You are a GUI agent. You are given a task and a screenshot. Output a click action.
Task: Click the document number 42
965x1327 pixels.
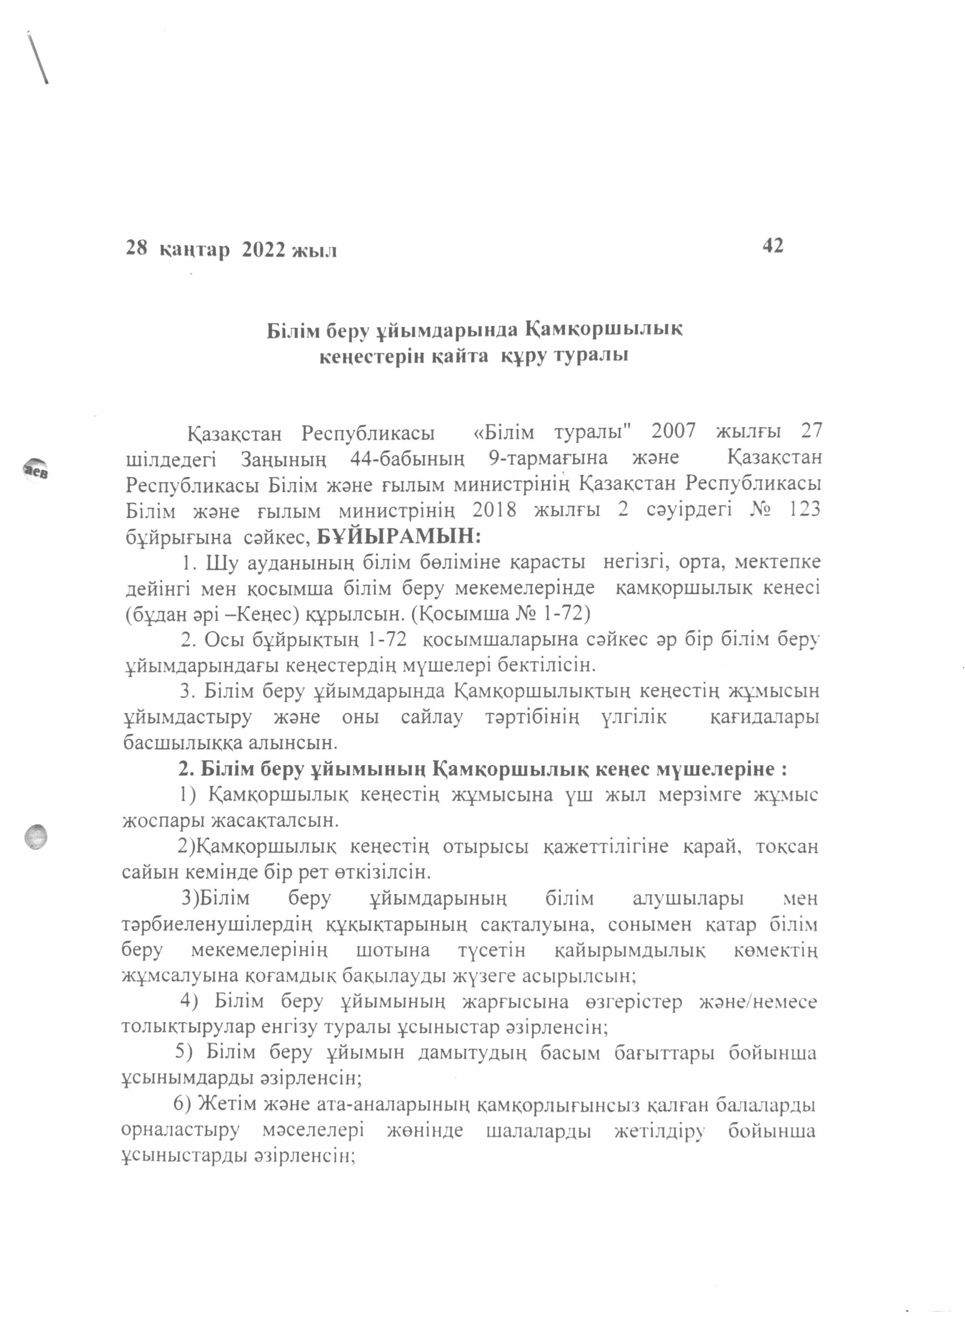tap(772, 246)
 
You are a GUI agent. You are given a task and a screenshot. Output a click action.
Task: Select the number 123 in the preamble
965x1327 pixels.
tap(805, 509)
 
